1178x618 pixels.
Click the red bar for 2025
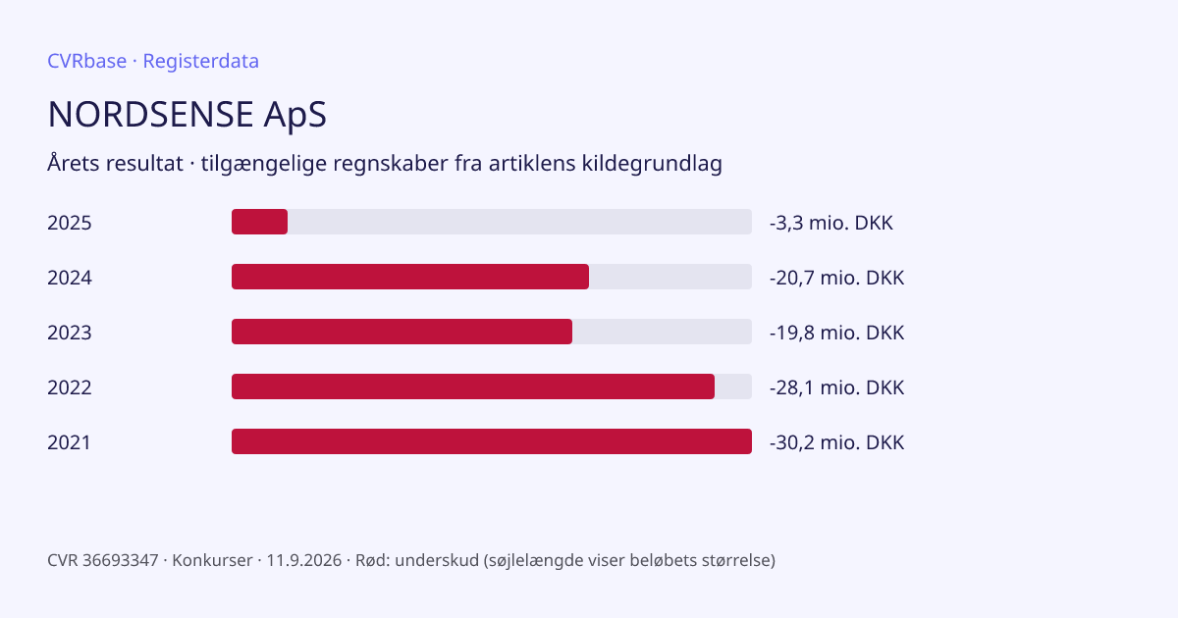tap(260, 222)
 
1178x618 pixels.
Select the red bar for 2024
tap(410, 277)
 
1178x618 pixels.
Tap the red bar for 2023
tap(402, 332)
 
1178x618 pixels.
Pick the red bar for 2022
tap(473, 386)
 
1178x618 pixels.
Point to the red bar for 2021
tap(492, 441)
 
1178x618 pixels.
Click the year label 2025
tap(70, 223)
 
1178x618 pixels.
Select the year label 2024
tap(70, 278)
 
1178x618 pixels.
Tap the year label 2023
tap(70, 333)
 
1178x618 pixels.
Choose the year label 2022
tap(70, 387)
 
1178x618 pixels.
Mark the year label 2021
tap(69, 442)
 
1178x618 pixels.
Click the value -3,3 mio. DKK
tap(830, 223)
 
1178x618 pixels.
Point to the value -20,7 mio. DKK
tap(836, 278)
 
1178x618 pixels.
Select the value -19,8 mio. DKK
tap(836, 333)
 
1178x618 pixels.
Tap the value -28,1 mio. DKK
tap(836, 387)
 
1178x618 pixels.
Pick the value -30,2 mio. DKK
tap(836, 442)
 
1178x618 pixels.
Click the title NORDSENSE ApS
tap(187, 115)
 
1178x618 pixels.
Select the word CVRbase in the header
tap(86, 61)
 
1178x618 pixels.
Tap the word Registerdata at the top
tap(201, 62)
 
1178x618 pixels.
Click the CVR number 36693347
tap(121, 560)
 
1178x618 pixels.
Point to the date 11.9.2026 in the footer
tap(304, 560)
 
